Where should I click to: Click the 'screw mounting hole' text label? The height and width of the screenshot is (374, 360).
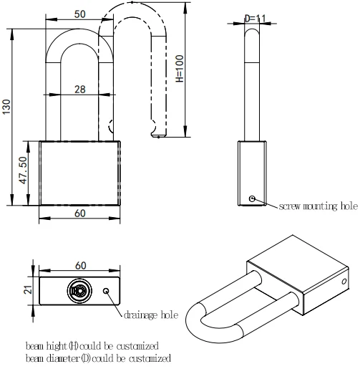[318, 207]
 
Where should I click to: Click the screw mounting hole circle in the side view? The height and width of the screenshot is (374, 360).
[251, 198]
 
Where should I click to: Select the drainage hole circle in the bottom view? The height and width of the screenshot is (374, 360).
[107, 291]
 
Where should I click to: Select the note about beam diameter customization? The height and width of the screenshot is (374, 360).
[98, 358]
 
